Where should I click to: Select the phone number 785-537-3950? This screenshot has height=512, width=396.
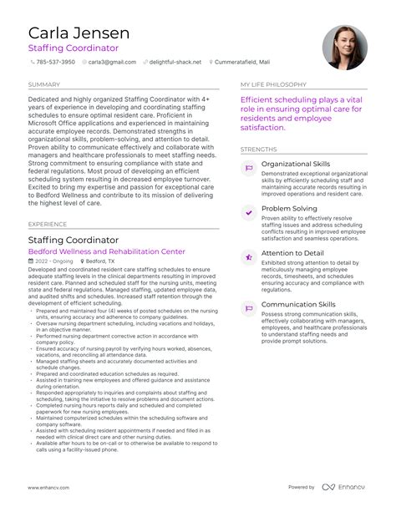(58, 62)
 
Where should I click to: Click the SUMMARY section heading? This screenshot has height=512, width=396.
(43, 84)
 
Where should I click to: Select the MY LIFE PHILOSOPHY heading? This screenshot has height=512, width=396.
(272, 84)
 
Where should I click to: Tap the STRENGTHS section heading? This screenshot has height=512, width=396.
(258, 150)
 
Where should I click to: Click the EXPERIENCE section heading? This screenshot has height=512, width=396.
(47, 224)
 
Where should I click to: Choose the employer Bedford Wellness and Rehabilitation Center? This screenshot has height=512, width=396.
(106, 251)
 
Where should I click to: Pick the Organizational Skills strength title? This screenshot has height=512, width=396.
(295, 164)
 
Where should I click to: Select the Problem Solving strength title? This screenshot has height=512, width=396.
(289, 208)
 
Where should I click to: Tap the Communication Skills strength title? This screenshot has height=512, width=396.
(298, 305)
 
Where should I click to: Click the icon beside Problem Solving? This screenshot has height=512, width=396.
(248, 213)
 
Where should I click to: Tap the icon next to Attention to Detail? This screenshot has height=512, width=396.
(248, 257)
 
